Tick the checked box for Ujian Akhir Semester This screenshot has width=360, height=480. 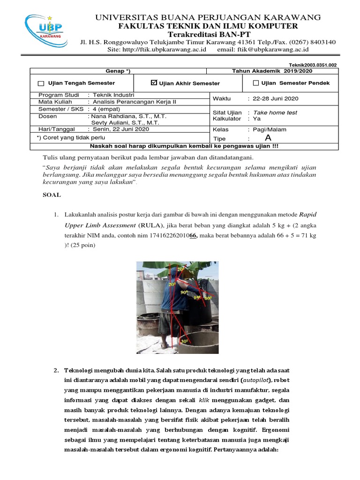pos(154,82)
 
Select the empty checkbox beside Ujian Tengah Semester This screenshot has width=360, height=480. pos(41,83)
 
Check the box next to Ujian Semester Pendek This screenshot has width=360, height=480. pos(255,83)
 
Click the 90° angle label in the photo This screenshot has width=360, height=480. pos(184,292)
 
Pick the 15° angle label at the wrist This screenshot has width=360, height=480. pos(197,298)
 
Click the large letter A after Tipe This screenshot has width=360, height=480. pos(268,138)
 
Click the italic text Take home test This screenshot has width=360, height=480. pos(275,112)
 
